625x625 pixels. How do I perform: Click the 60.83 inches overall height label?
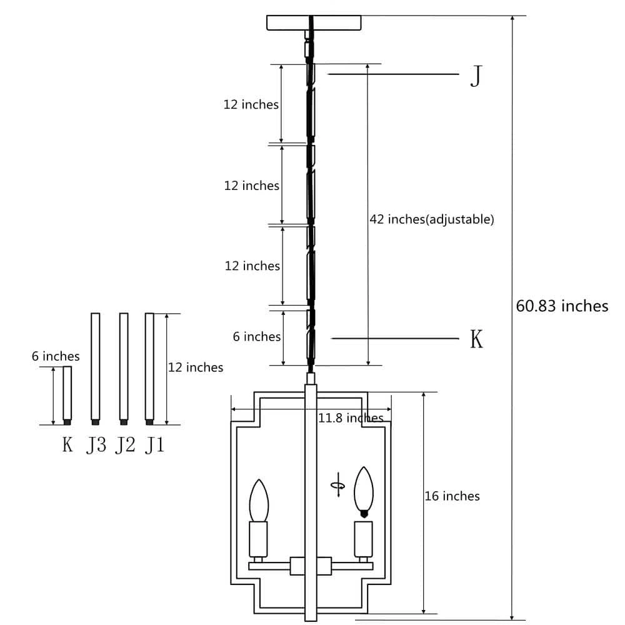pyautogui.click(x=562, y=306)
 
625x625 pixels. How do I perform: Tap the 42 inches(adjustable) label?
pyautogui.click(x=432, y=219)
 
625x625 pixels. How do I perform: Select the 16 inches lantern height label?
pyautogui.click(x=452, y=496)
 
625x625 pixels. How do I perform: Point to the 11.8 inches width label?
pyautogui.click(x=351, y=417)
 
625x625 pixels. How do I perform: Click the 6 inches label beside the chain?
pyautogui.click(x=257, y=336)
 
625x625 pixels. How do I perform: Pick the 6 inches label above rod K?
pyautogui.click(x=56, y=356)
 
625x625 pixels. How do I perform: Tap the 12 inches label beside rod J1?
pyautogui.click(x=195, y=367)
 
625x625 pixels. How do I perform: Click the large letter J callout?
pyautogui.click(x=476, y=76)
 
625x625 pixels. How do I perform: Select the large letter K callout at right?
pyautogui.click(x=476, y=339)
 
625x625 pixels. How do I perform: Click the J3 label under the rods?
pyautogui.click(x=96, y=445)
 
